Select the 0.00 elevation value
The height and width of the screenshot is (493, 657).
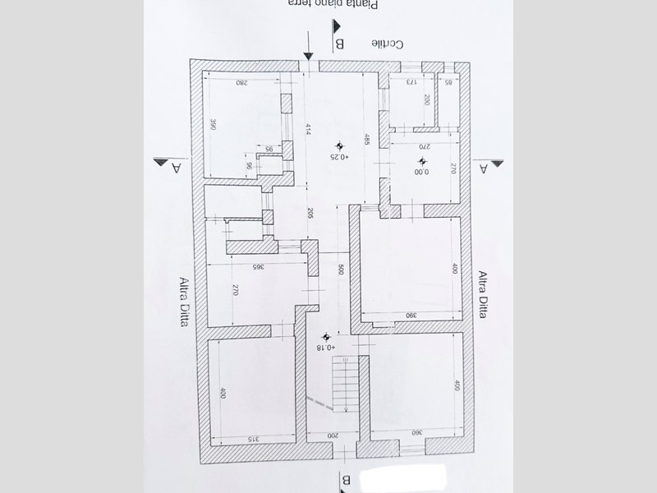(x=421, y=172)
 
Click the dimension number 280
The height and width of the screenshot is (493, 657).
(x=241, y=83)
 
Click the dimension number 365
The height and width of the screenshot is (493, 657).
(x=257, y=267)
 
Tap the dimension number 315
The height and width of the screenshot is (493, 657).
(x=253, y=439)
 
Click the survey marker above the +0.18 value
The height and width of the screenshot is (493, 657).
(x=328, y=336)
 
